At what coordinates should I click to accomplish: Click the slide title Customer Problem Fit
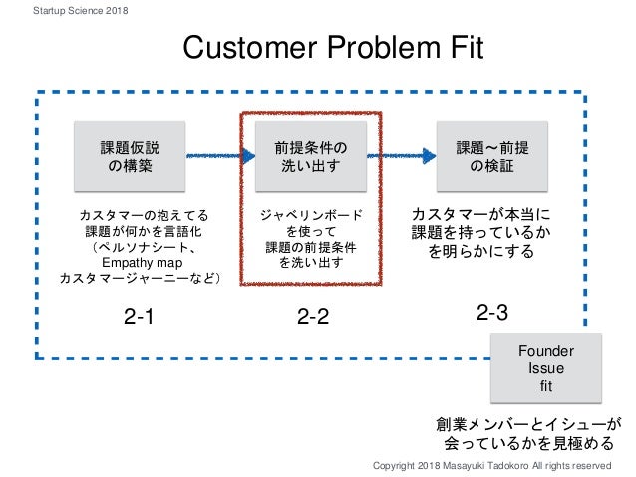(x=330, y=47)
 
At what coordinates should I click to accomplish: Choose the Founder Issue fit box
(x=547, y=367)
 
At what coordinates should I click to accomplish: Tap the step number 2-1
(x=140, y=318)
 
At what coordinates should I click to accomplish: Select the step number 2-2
(x=313, y=318)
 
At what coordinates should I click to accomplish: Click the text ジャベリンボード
(x=311, y=214)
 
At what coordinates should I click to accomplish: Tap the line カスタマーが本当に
(x=480, y=214)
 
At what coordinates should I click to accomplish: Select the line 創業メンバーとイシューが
(x=528, y=422)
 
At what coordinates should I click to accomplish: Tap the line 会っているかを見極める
(x=528, y=442)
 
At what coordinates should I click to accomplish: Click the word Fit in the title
(x=463, y=47)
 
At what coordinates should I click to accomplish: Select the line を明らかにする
(x=480, y=252)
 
